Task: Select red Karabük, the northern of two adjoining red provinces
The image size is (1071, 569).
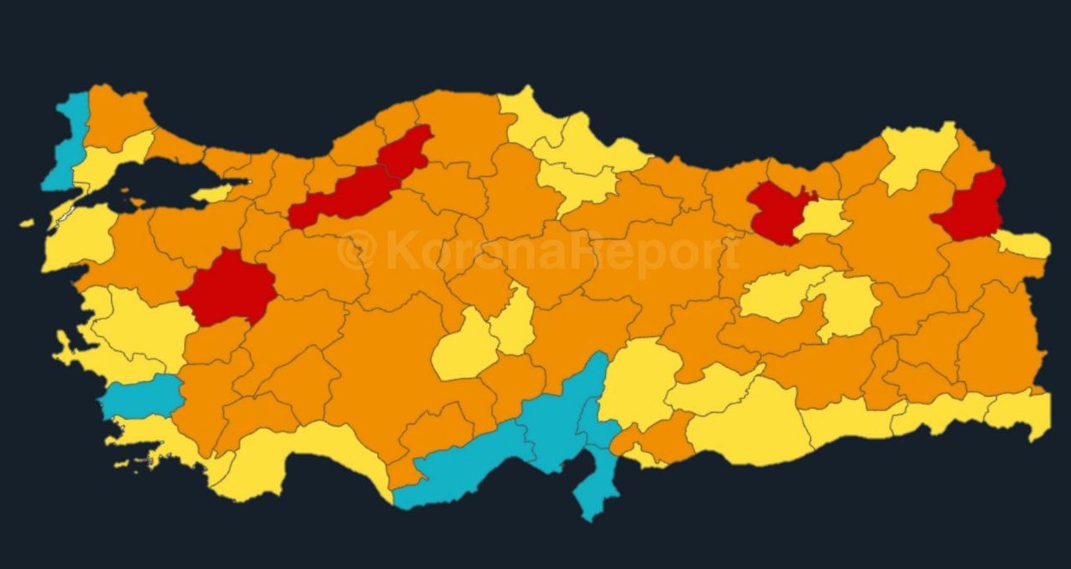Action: [x=406, y=151]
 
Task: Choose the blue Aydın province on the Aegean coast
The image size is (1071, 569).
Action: [x=143, y=397]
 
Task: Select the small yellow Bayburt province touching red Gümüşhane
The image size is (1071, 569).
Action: [x=823, y=218]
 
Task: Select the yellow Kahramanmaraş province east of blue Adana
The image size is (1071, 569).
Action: [x=638, y=382]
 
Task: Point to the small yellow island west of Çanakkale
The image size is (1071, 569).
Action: [x=27, y=223]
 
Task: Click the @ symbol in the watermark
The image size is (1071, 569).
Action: [x=356, y=251]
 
